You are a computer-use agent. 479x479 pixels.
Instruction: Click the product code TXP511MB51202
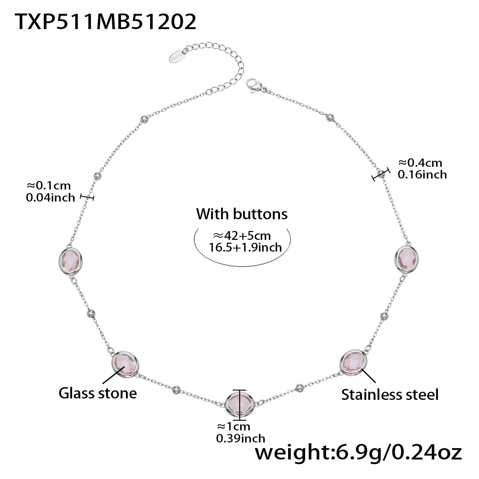(105, 22)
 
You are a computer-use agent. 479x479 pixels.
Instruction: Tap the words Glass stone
(98, 393)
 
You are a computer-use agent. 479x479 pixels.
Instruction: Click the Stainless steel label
(390, 395)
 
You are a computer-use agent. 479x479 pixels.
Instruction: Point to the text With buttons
(242, 214)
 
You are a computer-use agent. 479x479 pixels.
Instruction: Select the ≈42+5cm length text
(242, 236)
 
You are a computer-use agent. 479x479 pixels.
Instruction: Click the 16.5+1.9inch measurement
(245, 247)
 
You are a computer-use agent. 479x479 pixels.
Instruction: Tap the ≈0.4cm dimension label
(420, 163)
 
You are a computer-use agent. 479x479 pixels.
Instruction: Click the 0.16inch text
(422, 174)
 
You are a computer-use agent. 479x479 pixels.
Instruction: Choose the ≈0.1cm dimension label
(49, 185)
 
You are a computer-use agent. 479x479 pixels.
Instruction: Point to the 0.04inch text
(50, 197)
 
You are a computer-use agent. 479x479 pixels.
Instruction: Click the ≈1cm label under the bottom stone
(233, 426)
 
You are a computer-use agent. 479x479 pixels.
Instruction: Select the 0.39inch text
(241, 438)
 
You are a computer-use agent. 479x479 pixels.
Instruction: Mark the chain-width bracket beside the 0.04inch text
(87, 197)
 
